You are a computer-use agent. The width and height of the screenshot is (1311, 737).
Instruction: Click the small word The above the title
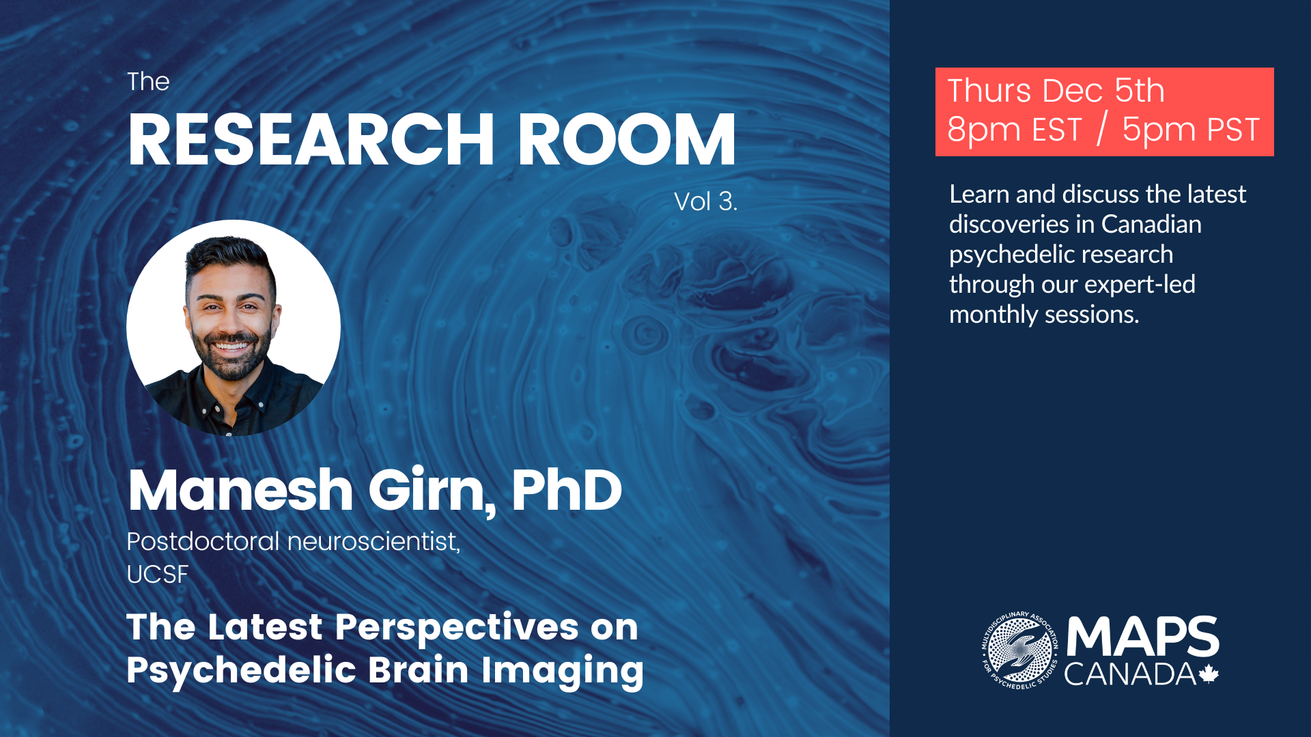click(148, 82)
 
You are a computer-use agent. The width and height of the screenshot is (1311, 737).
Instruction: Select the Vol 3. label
click(705, 201)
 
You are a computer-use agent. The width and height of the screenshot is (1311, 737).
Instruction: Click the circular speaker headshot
click(234, 328)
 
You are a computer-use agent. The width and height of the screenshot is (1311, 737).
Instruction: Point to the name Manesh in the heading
click(240, 490)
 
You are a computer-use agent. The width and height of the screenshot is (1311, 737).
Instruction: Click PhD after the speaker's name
click(567, 490)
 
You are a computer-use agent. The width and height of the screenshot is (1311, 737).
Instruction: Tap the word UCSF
click(158, 575)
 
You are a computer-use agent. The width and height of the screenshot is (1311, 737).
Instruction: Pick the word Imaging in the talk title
click(563, 670)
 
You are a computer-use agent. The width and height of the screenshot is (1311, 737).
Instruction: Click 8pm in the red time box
click(981, 130)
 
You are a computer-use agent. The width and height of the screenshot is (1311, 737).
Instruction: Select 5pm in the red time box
click(1159, 130)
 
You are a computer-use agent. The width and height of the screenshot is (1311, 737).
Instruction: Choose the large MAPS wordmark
click(1143, 636)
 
